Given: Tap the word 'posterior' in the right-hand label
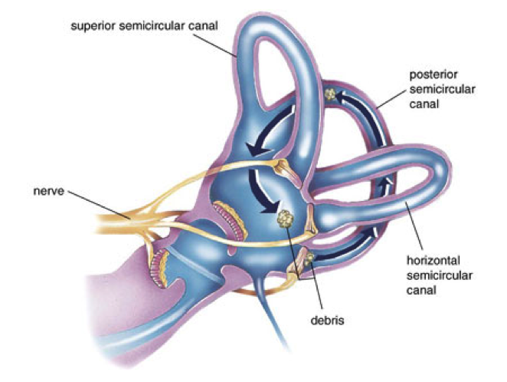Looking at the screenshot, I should pos(435,76).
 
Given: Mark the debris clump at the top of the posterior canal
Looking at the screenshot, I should pos(331,94).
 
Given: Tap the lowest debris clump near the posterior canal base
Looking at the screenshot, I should pos(308,262).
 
